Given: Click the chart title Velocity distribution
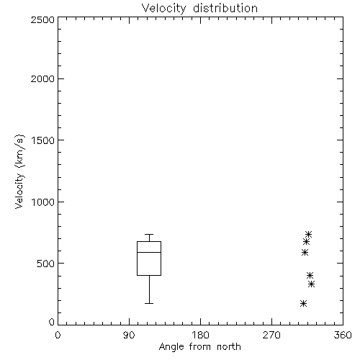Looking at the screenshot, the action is tap(199, 8).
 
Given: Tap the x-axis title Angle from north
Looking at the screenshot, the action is tap(199, 347).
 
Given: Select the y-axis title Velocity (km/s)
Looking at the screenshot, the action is tap(19, 171).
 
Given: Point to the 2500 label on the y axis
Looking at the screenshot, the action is tap(42, 19).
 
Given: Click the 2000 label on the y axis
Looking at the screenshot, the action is tap(42, 78).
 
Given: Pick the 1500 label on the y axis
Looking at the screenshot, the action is tap(43, 140).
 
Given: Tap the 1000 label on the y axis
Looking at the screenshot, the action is tap(43, 202).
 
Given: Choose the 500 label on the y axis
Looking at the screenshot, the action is tap(46, 264).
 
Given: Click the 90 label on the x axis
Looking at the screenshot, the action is tap(129, 335).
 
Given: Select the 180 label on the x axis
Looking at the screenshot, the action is tap(200, 335).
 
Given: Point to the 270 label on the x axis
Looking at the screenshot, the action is tap(271, 335).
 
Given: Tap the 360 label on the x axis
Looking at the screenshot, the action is tap(343, 335).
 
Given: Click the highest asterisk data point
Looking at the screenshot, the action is tap(308, 234).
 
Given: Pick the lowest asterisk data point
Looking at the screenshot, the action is tap(303, 304).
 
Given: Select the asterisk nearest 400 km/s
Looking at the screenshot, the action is tap(310, 275).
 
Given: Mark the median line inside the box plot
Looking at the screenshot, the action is tap(149, 252).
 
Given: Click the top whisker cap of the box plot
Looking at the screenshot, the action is tap(149, 234).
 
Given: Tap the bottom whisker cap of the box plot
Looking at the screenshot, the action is tap(149, 304).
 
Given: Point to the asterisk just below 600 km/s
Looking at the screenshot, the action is tap(305, 253).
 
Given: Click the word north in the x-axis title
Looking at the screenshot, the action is tap(229, 346).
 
